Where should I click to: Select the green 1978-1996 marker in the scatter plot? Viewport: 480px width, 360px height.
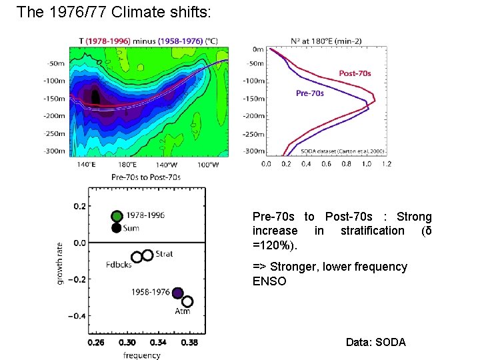click(117, 216)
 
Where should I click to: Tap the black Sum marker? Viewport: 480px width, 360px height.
click(117, 228)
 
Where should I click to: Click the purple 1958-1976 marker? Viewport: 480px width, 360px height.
click(177, 293)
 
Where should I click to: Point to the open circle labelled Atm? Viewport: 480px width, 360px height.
click(187, 302)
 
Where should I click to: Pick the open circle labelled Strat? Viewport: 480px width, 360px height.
click(148, 254)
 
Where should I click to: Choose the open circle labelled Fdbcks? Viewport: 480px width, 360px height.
click(137, 257)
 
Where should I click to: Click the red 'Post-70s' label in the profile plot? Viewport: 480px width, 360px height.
click(355, 73)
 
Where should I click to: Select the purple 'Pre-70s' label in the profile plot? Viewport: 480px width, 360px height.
click(310, 93)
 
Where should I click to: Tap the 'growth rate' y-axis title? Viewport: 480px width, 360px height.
click(60, 263)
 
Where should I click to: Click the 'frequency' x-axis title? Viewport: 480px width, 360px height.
click(141, 355)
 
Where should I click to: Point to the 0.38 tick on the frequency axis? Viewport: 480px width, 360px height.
click(189, 343)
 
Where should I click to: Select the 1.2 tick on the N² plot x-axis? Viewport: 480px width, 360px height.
click(387, 164)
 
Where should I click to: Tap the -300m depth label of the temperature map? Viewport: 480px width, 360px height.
click(54, 151)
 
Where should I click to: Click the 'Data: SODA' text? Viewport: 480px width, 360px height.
click(375, 342)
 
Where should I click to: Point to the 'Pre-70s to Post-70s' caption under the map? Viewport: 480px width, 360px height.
click(145, 177)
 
